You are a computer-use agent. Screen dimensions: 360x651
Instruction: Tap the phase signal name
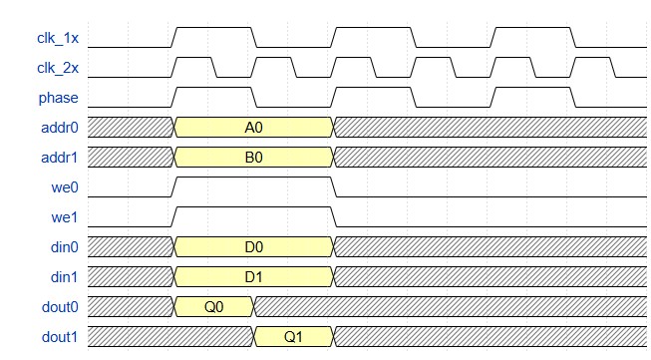coord(59,98)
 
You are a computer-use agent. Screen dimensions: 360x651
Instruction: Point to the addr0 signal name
coord(59,128)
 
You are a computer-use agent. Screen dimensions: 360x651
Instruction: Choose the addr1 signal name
coord(59,158)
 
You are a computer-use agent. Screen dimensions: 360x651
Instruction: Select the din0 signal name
coord(62,247)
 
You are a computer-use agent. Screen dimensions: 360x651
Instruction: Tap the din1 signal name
coord(62,277)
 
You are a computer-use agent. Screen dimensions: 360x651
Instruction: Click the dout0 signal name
coord(59,307)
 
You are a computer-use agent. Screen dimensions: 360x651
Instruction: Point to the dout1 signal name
coord(59,337)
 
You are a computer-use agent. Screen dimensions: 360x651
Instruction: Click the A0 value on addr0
coord(253,128)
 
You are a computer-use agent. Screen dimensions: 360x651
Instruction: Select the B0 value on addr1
coord(253,158)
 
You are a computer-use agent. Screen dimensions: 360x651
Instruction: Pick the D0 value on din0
coord(253,247)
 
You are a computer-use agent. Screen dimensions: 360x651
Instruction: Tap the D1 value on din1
coord(253,277)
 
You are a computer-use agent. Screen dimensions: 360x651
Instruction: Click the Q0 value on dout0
coord(213,307)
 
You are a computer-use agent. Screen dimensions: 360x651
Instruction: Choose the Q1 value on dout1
coord(293,337)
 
